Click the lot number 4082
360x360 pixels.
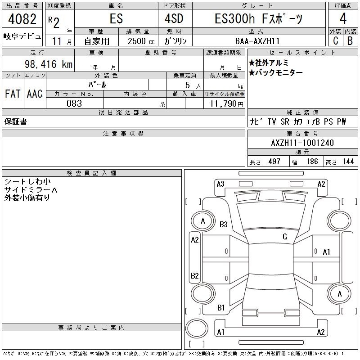[x=22, y=19]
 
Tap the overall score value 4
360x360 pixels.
[x=343, y=18]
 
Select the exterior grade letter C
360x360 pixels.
[x=336, y=40]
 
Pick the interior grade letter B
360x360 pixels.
[x=350, y=40]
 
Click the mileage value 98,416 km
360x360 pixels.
[x=49, y=64]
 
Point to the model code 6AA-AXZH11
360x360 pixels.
[x=257, y=41]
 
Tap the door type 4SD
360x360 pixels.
[x=174, y=18]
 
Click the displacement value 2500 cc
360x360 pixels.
[x=141, y=41]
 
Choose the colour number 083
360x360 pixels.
[x=74, y=103]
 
